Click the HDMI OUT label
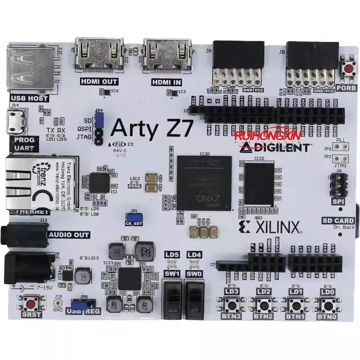point(99,81)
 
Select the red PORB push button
point(348,69)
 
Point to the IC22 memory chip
point(259,184)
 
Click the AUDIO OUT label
point(68,235)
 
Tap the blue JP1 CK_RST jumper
point(134,218)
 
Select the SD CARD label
point(337,220)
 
